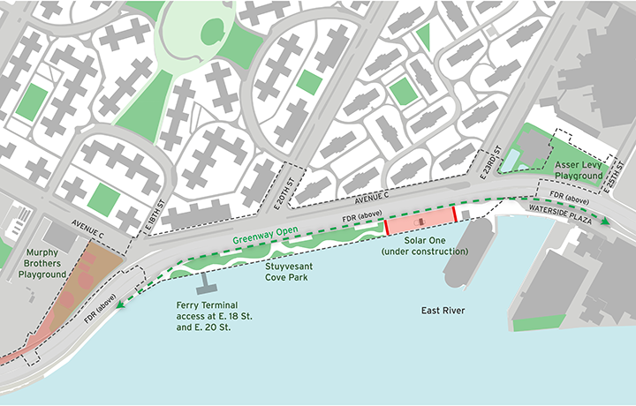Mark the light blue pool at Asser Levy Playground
coord(511,160)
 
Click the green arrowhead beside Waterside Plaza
coord(605,222)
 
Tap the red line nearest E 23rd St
coord(456,214)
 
